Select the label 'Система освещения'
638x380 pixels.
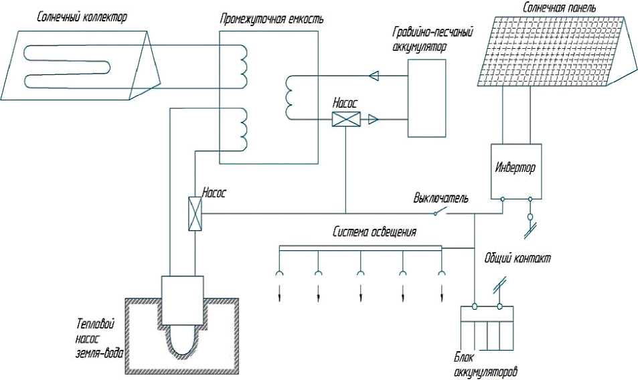pyautogui.click(x=375, y=233)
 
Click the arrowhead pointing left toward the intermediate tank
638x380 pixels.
pyautogui.click(x=375, y=75)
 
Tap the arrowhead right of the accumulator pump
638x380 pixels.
pyautogui.click(x=373, y=120)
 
